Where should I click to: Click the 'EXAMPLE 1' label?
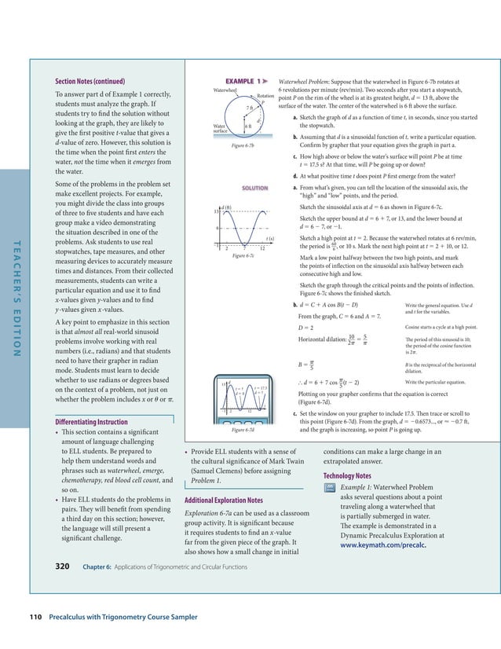[246, 81]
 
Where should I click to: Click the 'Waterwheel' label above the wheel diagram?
[226, 90]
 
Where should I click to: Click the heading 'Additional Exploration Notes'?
[223, 500]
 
